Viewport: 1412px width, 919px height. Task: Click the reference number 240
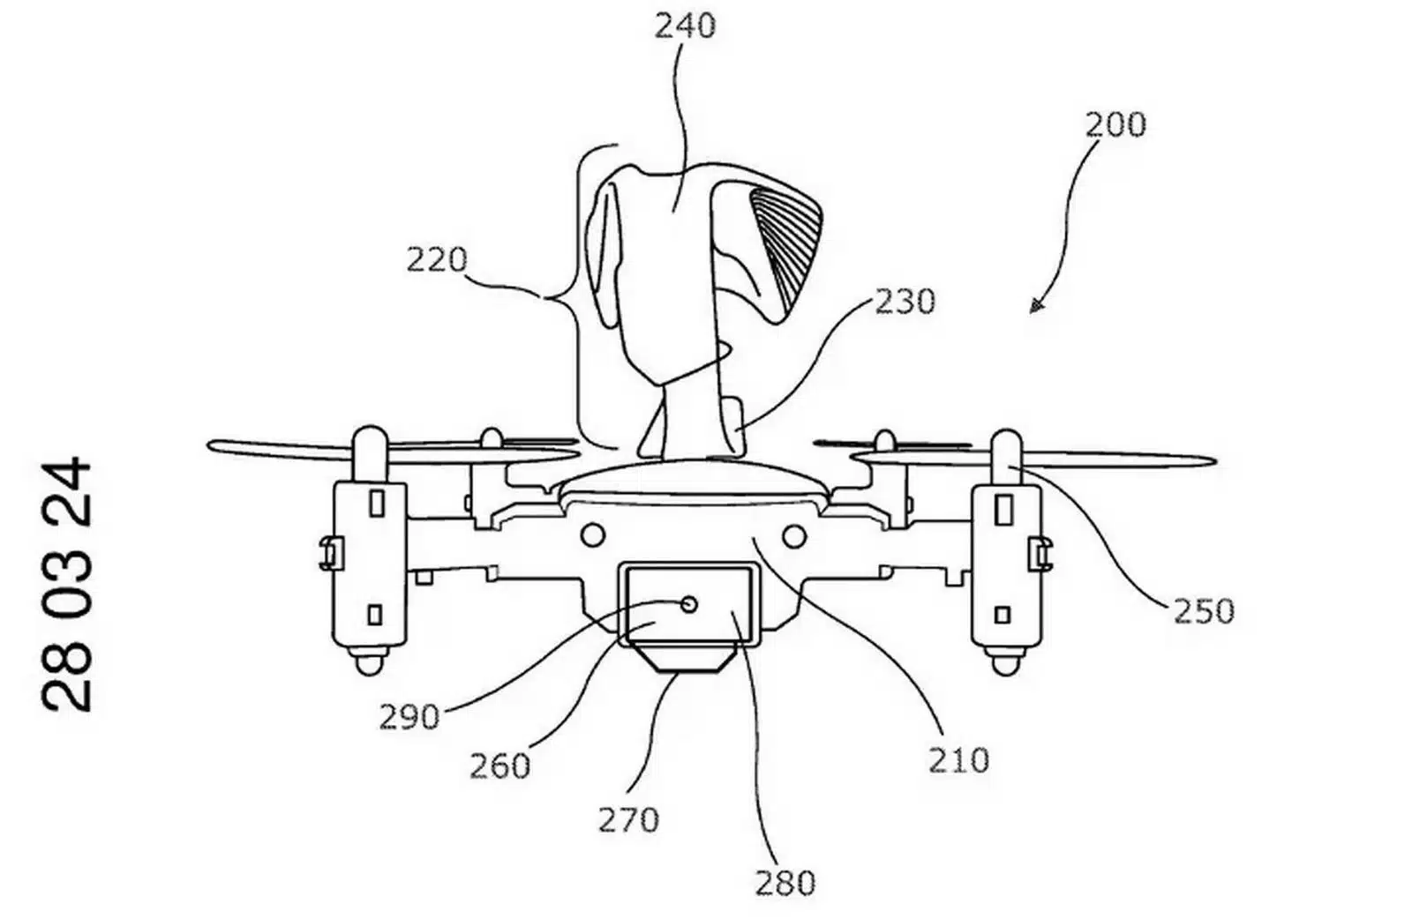coord(685,26)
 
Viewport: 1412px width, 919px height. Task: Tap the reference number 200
coord(1115,124)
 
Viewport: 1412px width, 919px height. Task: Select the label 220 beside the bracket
coord(437,259)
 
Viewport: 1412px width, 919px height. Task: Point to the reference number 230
coord(905,302)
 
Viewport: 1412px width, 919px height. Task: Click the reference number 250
coord(1204,611)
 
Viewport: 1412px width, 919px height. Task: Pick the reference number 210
coord(958,761)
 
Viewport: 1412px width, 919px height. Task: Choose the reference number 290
coord(409,717)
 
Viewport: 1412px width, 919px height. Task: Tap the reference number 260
coord(499,766)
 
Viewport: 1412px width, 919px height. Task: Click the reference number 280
coord(785,883)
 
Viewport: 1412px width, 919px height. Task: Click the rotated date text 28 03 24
coord(67,585)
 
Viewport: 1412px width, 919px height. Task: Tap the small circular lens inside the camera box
coord(689,605)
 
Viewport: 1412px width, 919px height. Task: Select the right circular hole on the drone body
coord(793,536)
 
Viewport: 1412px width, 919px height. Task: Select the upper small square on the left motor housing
coord(377,504)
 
